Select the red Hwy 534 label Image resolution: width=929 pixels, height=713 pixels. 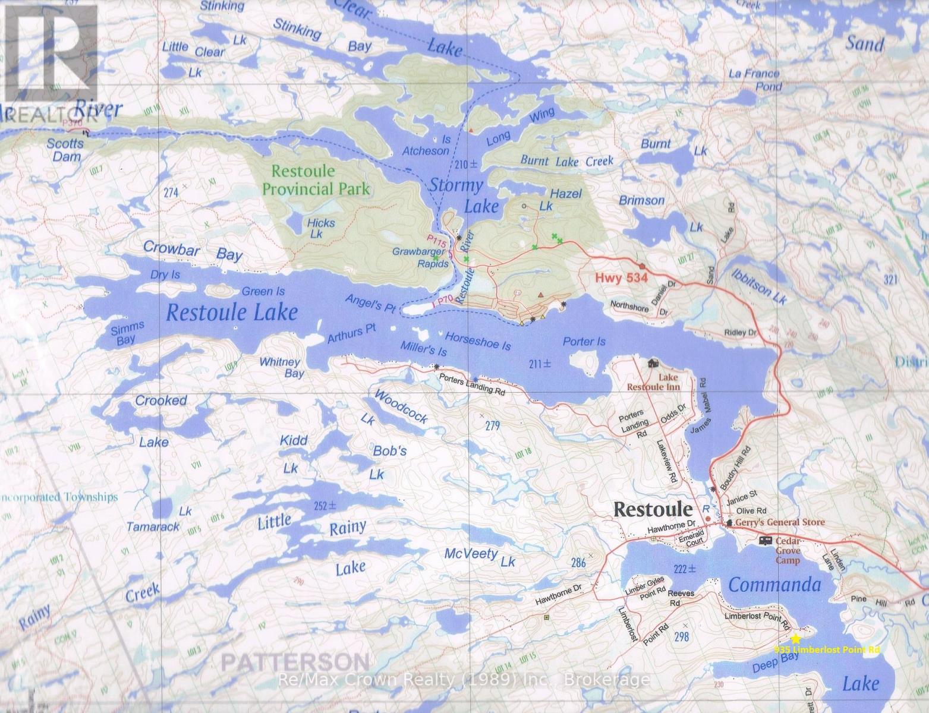tap(621, 278)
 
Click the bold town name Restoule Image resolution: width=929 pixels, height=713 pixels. tap(653, 509)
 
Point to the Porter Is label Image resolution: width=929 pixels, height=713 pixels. tap(584, 342)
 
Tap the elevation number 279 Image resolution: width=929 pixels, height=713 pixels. tap(493, 425)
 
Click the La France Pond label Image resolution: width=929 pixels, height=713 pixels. tap(754, 80)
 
